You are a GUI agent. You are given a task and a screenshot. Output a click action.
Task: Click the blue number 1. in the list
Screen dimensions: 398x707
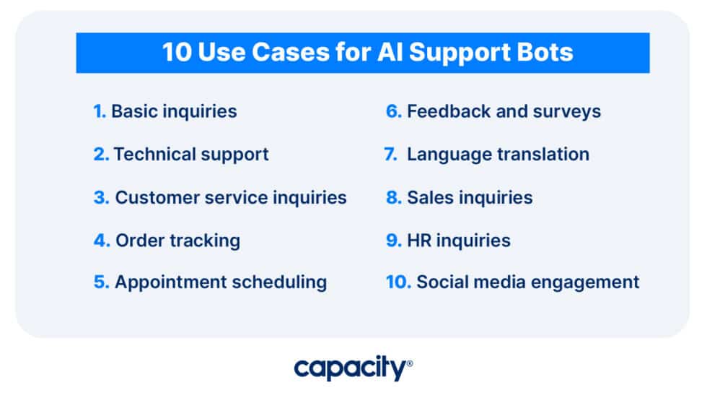point(100,111)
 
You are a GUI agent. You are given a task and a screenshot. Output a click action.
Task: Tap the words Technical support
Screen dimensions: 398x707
point(191,154)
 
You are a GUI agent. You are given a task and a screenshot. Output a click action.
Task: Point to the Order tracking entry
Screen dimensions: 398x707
point(177,240)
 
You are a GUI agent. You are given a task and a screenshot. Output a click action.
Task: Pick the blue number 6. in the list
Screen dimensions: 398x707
point(393,111)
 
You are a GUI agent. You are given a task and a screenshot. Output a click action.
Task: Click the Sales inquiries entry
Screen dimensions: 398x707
point(470,197)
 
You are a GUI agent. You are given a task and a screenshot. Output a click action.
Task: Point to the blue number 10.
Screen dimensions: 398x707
point(398,282)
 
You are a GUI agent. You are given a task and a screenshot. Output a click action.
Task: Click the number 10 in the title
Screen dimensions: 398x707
point(175,53)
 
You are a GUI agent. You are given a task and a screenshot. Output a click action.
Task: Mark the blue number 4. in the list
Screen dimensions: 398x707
point(101,240)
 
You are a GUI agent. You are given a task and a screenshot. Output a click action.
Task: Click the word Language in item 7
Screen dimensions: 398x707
point(445,154)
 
